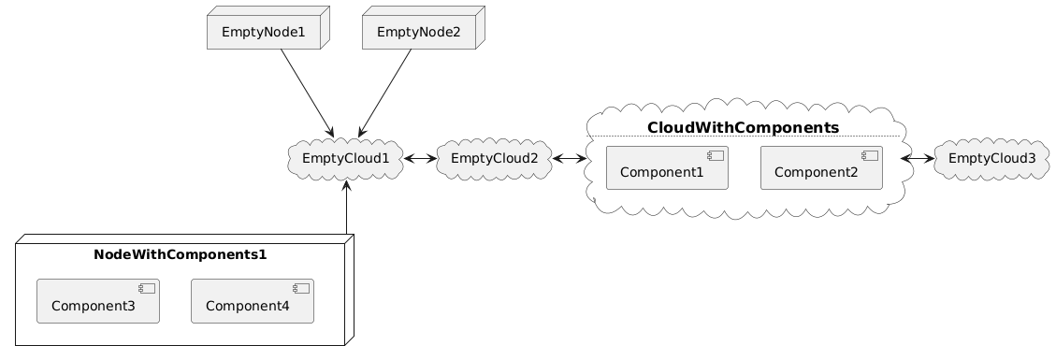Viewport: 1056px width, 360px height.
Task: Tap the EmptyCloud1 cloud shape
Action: [x=345, y=159]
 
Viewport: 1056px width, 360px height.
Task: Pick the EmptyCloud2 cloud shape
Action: [x=494, y=159]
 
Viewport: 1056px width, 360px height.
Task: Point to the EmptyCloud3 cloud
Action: [x=991, y=159]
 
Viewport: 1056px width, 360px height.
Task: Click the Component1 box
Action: [x=668, y=167]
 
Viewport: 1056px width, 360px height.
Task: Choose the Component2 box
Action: [x=821, y=167]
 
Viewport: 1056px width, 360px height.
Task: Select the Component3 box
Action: [x=98, y=301]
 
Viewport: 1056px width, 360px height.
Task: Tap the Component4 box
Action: [x=253, y=301]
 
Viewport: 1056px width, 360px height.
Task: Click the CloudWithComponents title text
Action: [x=743, y=128]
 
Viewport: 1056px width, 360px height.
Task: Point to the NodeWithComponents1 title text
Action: [x=180, y=255]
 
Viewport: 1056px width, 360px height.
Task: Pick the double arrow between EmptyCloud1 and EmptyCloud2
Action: [x=420, y=159]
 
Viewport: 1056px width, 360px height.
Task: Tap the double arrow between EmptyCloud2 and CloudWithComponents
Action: [x=570, y=159]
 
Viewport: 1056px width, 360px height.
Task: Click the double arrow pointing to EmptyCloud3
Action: [x=918, y=159]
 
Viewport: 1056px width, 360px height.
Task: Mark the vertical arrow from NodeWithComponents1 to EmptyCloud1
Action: [x=346, y=208]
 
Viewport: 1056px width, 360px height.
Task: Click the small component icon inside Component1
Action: [x=716, y=155]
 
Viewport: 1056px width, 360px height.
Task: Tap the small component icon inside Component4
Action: [x=300, y=289]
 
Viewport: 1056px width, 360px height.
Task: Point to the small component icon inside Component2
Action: [x=870, y=155]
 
